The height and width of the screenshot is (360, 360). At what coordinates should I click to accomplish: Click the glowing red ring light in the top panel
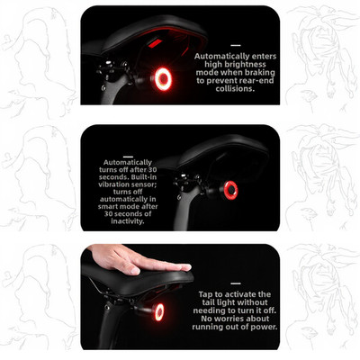tap(163, 72)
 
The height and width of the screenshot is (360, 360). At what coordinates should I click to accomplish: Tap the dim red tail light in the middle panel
tap(231, 190)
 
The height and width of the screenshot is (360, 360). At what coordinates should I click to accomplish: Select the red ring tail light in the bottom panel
tap(159, 311)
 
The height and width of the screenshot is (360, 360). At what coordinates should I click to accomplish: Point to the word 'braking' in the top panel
tap(260, 72)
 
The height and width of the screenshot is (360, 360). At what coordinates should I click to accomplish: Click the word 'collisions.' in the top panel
tap(235, 89)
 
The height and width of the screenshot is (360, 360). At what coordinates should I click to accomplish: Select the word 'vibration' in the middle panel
tap(112, 184)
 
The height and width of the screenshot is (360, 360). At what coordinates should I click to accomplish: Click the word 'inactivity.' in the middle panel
tap(128, 221)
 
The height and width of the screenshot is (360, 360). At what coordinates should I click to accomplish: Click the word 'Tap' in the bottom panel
tap(204, 294)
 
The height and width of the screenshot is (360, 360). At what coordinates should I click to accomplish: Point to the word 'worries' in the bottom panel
tap(231, 319)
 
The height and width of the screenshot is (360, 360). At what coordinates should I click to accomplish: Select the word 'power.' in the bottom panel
tap(265, 327)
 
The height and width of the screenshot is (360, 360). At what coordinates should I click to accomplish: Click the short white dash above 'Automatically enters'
tap(236, 46)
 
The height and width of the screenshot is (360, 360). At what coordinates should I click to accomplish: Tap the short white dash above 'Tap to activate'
tap(236, 283)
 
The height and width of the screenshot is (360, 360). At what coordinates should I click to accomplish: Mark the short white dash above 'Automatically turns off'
tap(128, 157)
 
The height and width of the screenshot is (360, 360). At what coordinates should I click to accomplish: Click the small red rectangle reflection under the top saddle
tap(155, 43)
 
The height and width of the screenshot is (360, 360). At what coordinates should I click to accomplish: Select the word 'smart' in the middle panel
tap(108, 207)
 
